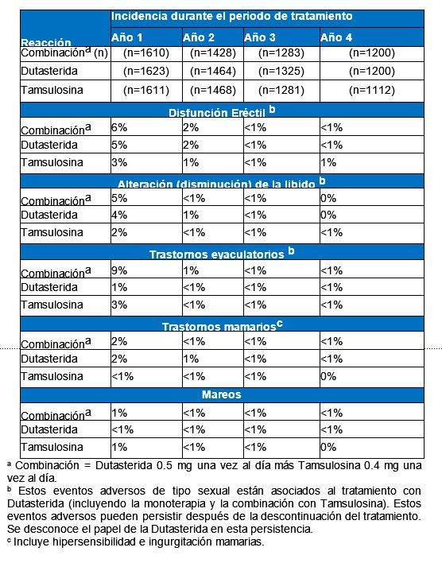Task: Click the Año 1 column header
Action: point(126,37)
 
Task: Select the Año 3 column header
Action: point(260,37)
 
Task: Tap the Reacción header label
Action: point(46,42)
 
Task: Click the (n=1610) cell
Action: point(146,53)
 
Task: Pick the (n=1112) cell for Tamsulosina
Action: point(371,90)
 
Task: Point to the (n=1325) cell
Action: point(281,71)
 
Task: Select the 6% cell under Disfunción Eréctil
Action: point(119,127)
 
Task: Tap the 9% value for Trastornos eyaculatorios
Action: point(119,270)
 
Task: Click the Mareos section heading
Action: point(221,394)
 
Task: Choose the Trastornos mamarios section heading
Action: point(223,326)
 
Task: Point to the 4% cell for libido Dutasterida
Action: point(119,215)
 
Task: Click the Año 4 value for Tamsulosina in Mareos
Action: point(328,447)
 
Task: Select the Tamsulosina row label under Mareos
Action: point(52,447)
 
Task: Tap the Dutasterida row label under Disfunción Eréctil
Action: point(49,145)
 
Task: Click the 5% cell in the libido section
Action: point(119,198)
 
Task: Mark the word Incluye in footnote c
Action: point(32,542)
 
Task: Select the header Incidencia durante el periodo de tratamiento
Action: point(231,16)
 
